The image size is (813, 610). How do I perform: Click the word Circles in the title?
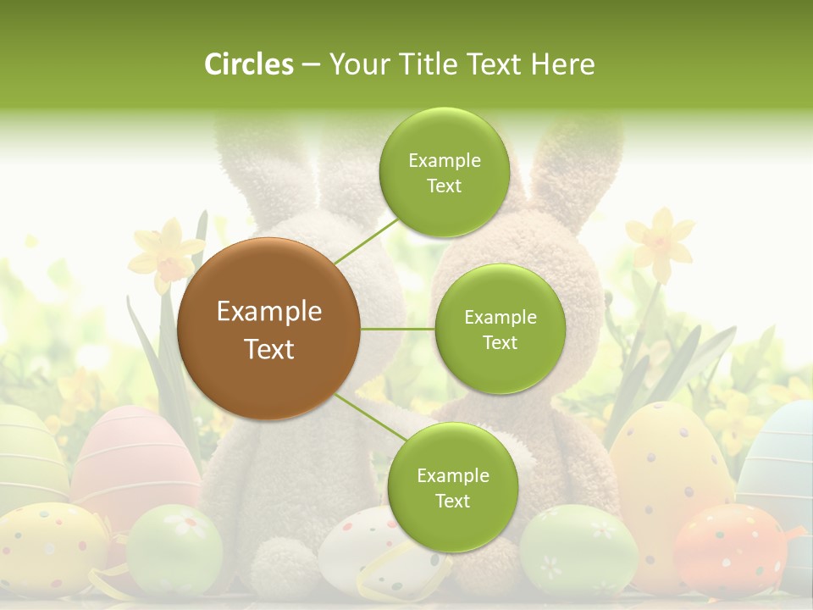[248, 64]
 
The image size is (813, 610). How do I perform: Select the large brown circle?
[268, 329]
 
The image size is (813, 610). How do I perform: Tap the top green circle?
[444, 172]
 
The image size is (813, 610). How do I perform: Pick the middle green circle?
[500, 329]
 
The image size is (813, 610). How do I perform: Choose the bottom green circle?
[452, 487]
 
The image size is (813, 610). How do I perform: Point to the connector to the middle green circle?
[397, 329]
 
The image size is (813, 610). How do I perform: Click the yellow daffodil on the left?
[168, 251]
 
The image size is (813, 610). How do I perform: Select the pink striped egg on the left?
[131, 457]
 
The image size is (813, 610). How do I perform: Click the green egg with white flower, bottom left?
[175, 548]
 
